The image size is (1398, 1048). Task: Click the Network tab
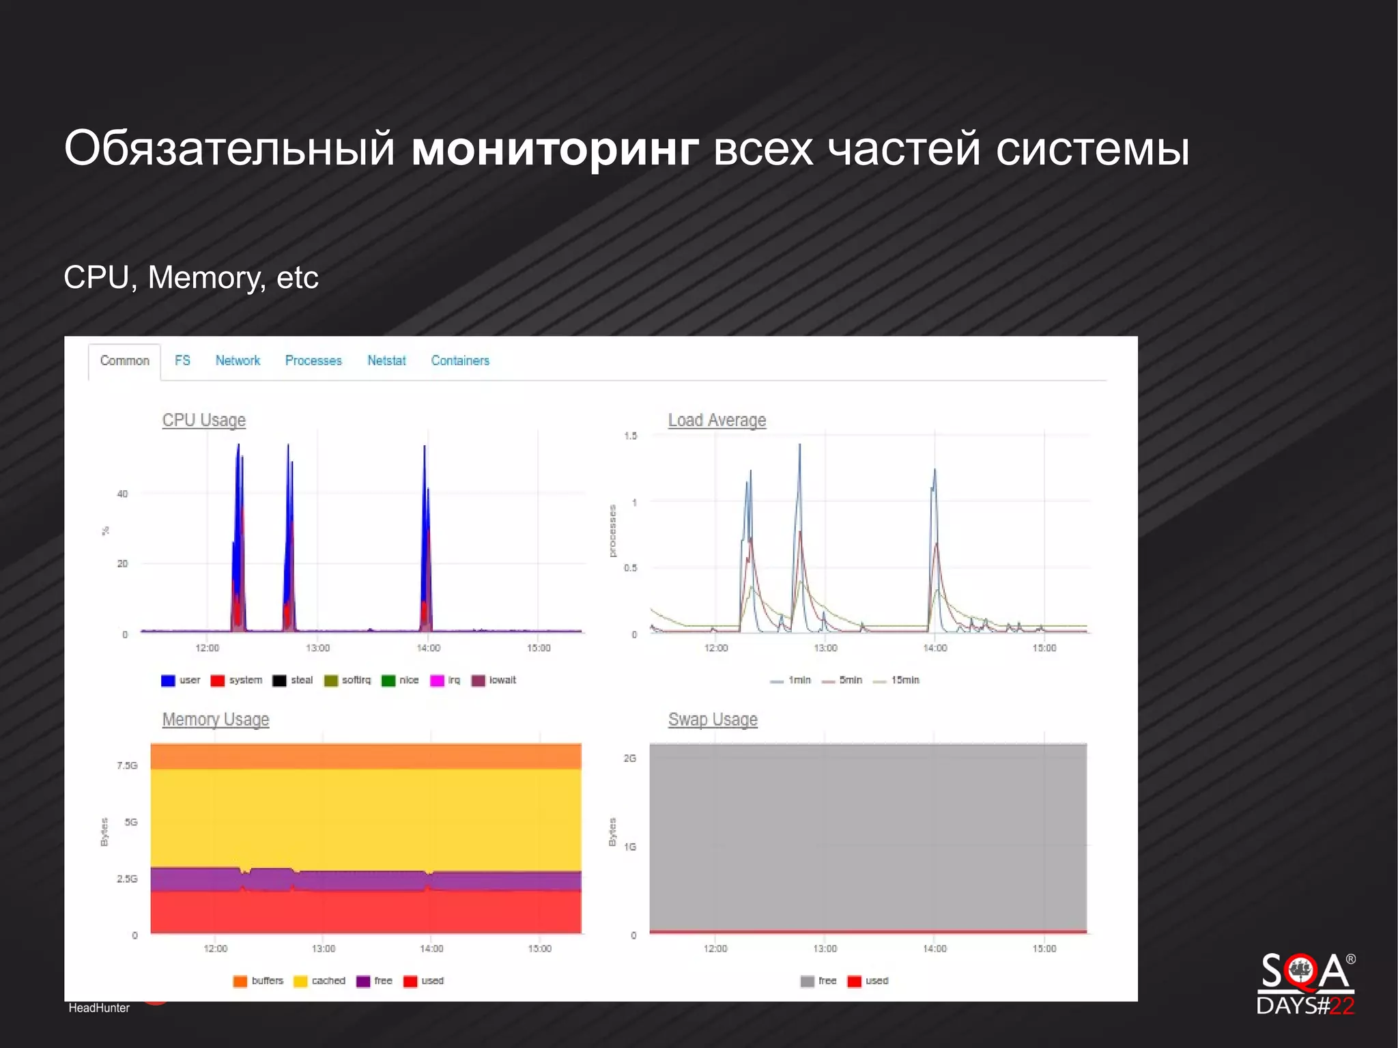(238, 360)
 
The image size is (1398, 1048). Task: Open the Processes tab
(313, 360)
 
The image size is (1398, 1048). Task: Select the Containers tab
(460, 360)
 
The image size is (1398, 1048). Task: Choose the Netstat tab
(386, 360)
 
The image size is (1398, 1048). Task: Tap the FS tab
(182, 360)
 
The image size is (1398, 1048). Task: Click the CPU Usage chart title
(203, 420)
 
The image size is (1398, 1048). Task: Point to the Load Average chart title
(717, 420)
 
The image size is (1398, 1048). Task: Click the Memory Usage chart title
(216, 720)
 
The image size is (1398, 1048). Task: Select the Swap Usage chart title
(713, 720)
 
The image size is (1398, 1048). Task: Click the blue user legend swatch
(168, 681)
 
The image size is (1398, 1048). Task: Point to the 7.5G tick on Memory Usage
(127, 765)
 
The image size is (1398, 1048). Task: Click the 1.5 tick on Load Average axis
(631, 436)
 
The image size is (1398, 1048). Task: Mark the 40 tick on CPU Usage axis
(122, 494)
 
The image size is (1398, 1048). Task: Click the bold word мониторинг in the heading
(555, 148)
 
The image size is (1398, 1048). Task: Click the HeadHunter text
(99, 1008)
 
